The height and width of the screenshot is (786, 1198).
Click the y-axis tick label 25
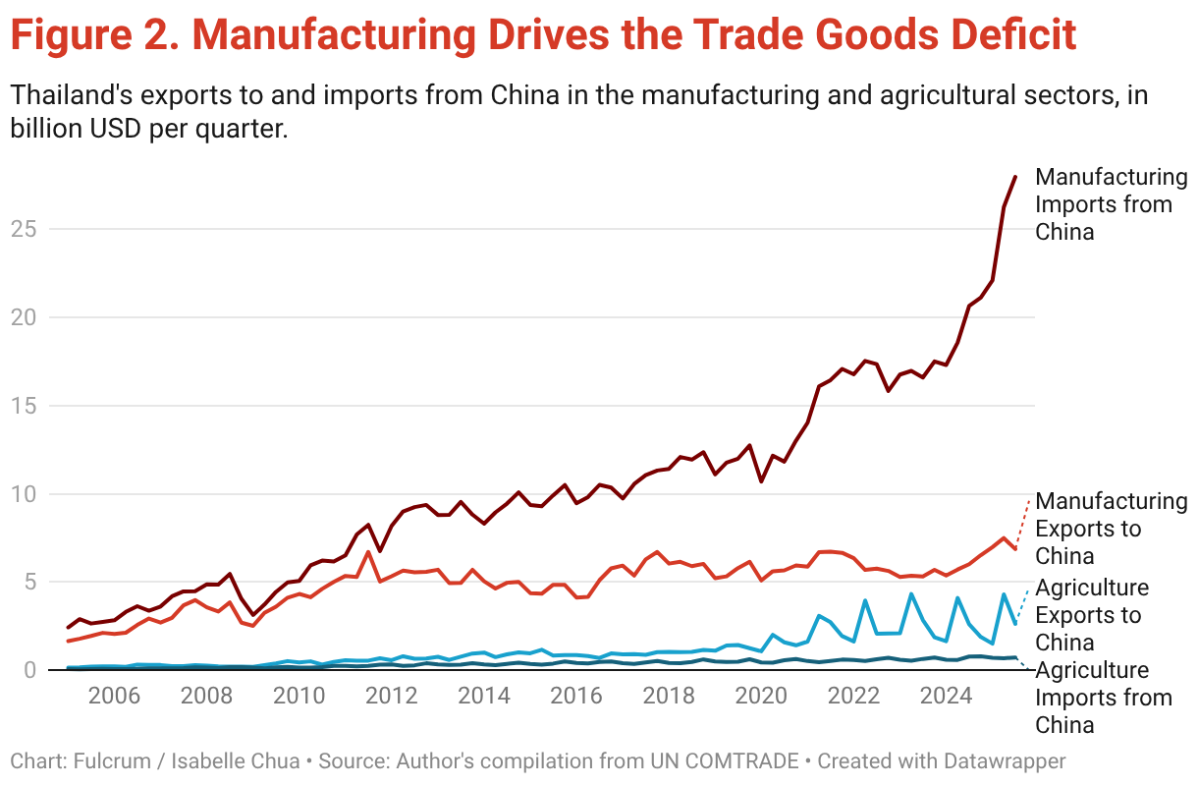point(26,229)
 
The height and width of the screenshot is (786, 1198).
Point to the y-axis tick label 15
point(26,406)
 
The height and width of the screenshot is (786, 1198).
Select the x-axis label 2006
point(113,697)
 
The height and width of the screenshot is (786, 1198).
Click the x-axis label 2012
point(391,697)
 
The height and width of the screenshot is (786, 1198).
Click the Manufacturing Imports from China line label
point(1110,204)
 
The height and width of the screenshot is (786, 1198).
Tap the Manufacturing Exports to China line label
point(1110,529)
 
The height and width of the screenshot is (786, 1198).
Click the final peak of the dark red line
point(1015,177)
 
